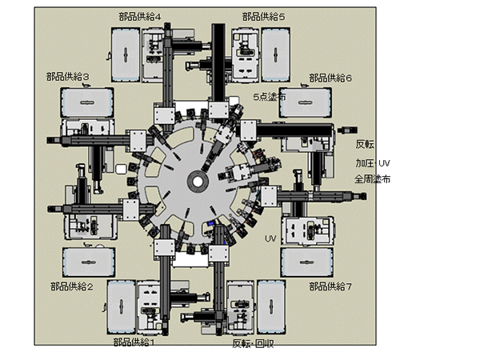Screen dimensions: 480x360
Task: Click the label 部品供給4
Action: coord(140,17)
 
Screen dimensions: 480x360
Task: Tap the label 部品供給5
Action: coord(263,17)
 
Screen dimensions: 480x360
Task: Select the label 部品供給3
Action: coord(68,77)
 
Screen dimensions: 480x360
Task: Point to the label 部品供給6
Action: coord(330,78)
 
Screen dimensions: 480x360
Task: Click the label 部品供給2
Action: coord(72,287)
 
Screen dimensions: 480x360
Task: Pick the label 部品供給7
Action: coord(330,287)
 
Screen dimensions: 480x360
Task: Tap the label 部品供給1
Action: coord(134,342)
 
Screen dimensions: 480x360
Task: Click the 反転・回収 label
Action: coord(253,344)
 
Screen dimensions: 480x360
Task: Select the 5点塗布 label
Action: coord(270,97)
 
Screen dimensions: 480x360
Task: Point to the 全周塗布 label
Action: coord(373,179)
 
